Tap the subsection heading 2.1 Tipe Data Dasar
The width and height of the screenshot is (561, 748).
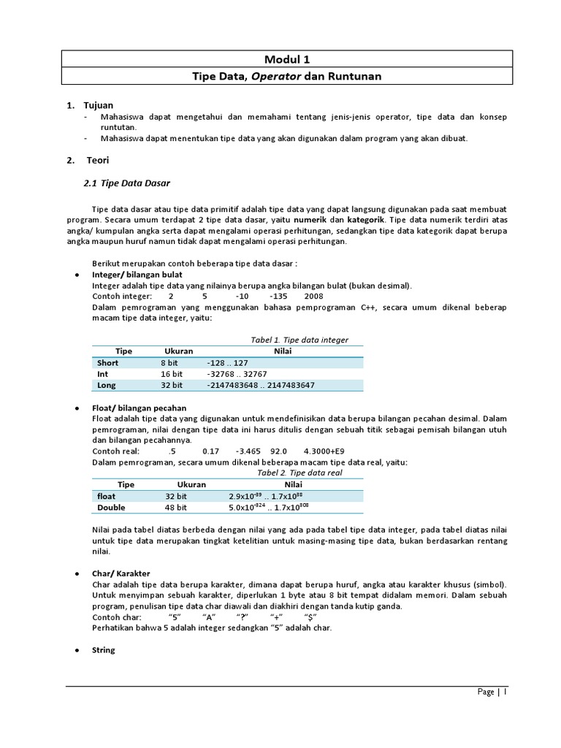click(133, 182)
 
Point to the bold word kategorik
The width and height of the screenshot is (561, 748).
click(367, 219)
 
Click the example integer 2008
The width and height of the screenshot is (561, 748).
click(313, 297)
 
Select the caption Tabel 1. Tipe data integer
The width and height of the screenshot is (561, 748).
click(299, 340)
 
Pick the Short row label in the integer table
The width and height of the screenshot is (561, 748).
click(107, 362)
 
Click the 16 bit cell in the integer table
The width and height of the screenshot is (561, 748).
click(172, 373)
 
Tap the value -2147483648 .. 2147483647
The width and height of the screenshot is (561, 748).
click(261, 385)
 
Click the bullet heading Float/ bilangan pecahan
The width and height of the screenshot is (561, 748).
click(139, 408)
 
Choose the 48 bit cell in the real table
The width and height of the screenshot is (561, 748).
click(175, 507)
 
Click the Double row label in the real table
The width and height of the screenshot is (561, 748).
click(111, 507)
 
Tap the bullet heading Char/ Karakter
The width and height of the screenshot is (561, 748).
click(121, 573)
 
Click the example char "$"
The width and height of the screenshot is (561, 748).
click(310, 617)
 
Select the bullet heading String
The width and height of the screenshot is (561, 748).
click(103, 649)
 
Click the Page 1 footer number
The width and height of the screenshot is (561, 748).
click(492, 692)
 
